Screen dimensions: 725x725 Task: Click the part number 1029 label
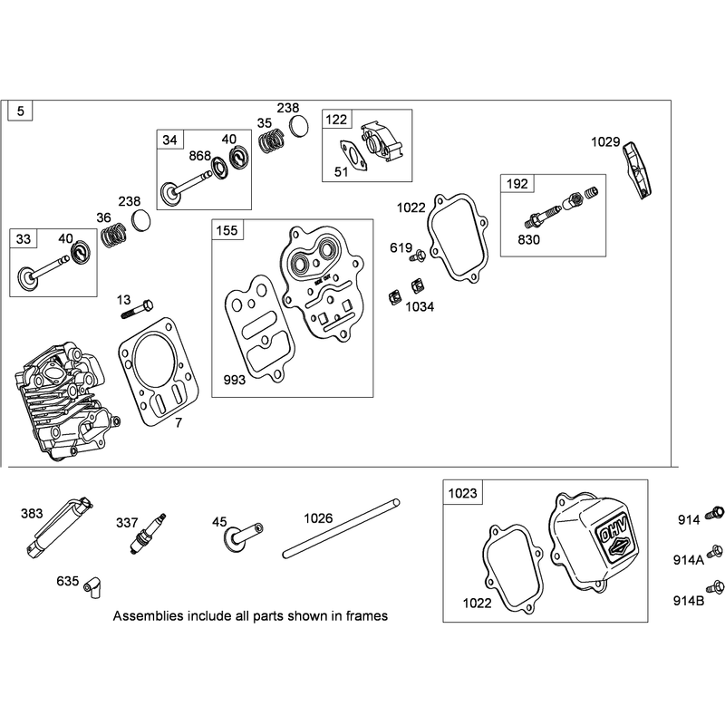pos(605,142)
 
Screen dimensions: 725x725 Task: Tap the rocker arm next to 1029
pos(639,169)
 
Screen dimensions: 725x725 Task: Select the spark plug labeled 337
pos(147,533)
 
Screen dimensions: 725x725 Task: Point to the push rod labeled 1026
pos(341,528)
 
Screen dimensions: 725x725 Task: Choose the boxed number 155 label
pos(227,230)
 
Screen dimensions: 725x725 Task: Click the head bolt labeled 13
pos(137,308)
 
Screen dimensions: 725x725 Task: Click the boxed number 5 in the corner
pos(20,111)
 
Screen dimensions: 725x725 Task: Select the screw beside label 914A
pos(715,550)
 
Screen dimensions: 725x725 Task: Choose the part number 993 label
pos(235,380)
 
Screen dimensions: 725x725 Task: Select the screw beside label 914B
pos(715,587)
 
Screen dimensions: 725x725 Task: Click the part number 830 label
pos(528,239)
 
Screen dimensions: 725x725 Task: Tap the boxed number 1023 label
pos(462,493)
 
